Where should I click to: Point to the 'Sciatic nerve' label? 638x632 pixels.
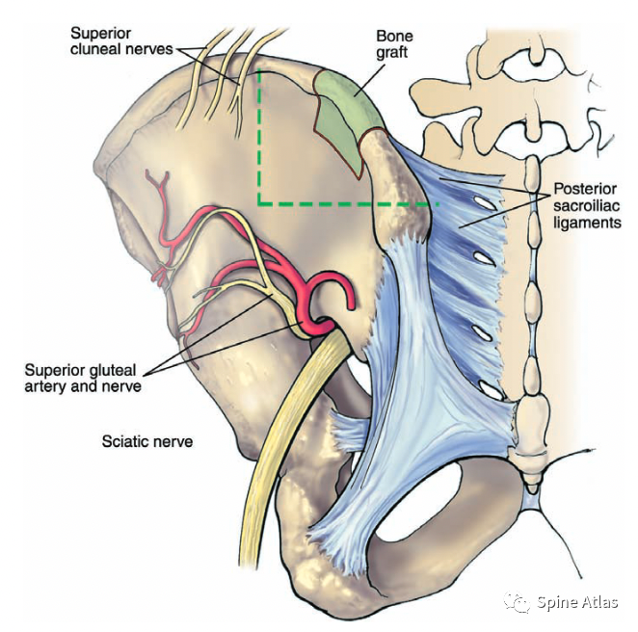point(147,442)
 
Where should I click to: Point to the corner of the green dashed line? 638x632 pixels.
point(259,203)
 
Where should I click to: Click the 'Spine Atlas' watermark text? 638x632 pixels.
point(577,603)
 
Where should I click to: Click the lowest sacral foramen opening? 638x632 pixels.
point(491,390)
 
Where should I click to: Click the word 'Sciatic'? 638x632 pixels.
point(124,442)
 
